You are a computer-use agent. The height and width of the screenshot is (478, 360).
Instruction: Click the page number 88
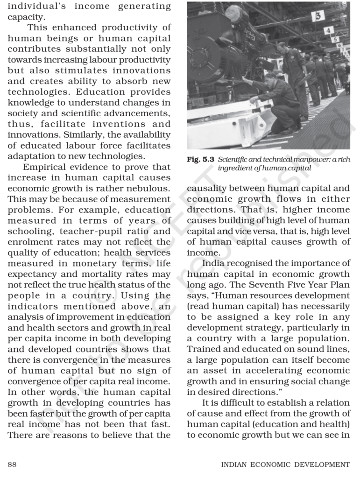(x=13, y=464)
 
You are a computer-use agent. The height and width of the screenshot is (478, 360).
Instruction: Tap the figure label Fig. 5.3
(x=200, y=159)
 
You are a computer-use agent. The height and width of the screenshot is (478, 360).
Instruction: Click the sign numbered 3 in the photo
(x=318, y=16)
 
